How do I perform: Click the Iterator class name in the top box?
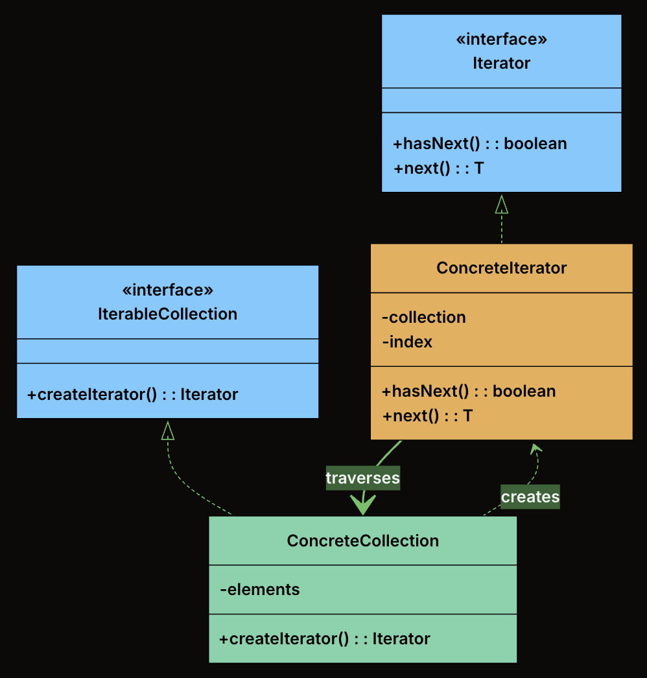(x=501, y=64)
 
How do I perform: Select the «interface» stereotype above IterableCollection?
(x=167, y=290)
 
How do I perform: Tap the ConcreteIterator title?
(x=501, y=268)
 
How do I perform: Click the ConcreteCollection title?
(x=362, y=541)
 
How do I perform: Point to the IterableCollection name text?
(x=167, y=314)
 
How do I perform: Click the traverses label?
(x=362, y=478)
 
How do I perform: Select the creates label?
(x=530, y=497)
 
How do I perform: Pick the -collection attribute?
(x=424, y=318)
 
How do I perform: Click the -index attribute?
(x=407, y=342)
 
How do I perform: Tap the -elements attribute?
(x=260, y=590)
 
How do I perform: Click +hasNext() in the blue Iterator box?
(x=480, y=144)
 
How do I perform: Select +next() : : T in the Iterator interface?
(x=438, y=169)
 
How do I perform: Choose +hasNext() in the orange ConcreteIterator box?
(x=469, y=392)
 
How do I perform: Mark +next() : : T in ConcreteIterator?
(x=427, y=416)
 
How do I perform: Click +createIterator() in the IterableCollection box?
(x=132, y=394)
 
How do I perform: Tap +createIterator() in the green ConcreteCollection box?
(x=324, y=639)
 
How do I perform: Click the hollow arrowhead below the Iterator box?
(x=501, y=204)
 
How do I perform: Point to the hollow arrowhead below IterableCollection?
(x=167, y=430)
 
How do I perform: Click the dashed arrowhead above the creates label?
(x=535, y=448)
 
